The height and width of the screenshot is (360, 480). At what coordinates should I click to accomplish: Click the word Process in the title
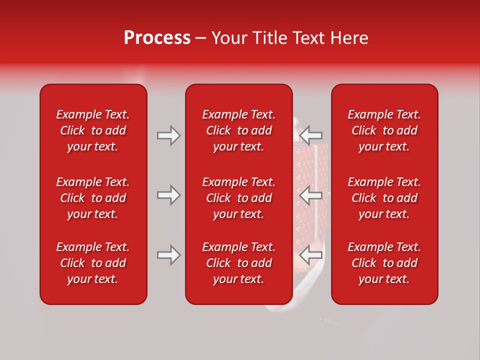pos(157,38)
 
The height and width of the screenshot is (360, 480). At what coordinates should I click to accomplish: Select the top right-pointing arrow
pos(168,135)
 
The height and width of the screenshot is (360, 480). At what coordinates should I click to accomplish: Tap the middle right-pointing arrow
pos(168,195)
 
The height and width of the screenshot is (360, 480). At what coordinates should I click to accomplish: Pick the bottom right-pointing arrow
pos(168,255)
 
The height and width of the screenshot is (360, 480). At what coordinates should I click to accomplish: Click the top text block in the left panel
pos(93,130)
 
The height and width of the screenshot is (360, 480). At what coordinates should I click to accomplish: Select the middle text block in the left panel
pos(93,198)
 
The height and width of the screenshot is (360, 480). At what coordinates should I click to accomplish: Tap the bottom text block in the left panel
pos(93,263)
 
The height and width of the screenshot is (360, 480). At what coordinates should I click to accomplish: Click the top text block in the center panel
pos(238,130)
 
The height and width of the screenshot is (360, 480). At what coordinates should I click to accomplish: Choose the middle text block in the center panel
pos(238,198)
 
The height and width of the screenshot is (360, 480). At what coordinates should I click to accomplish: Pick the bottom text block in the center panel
pos(238,263)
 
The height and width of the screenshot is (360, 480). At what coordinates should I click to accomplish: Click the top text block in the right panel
pos(384,130)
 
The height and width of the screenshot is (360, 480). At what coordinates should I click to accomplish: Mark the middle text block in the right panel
pos(384,198)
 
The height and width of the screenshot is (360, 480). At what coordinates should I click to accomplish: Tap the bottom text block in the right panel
pos(384,263)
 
